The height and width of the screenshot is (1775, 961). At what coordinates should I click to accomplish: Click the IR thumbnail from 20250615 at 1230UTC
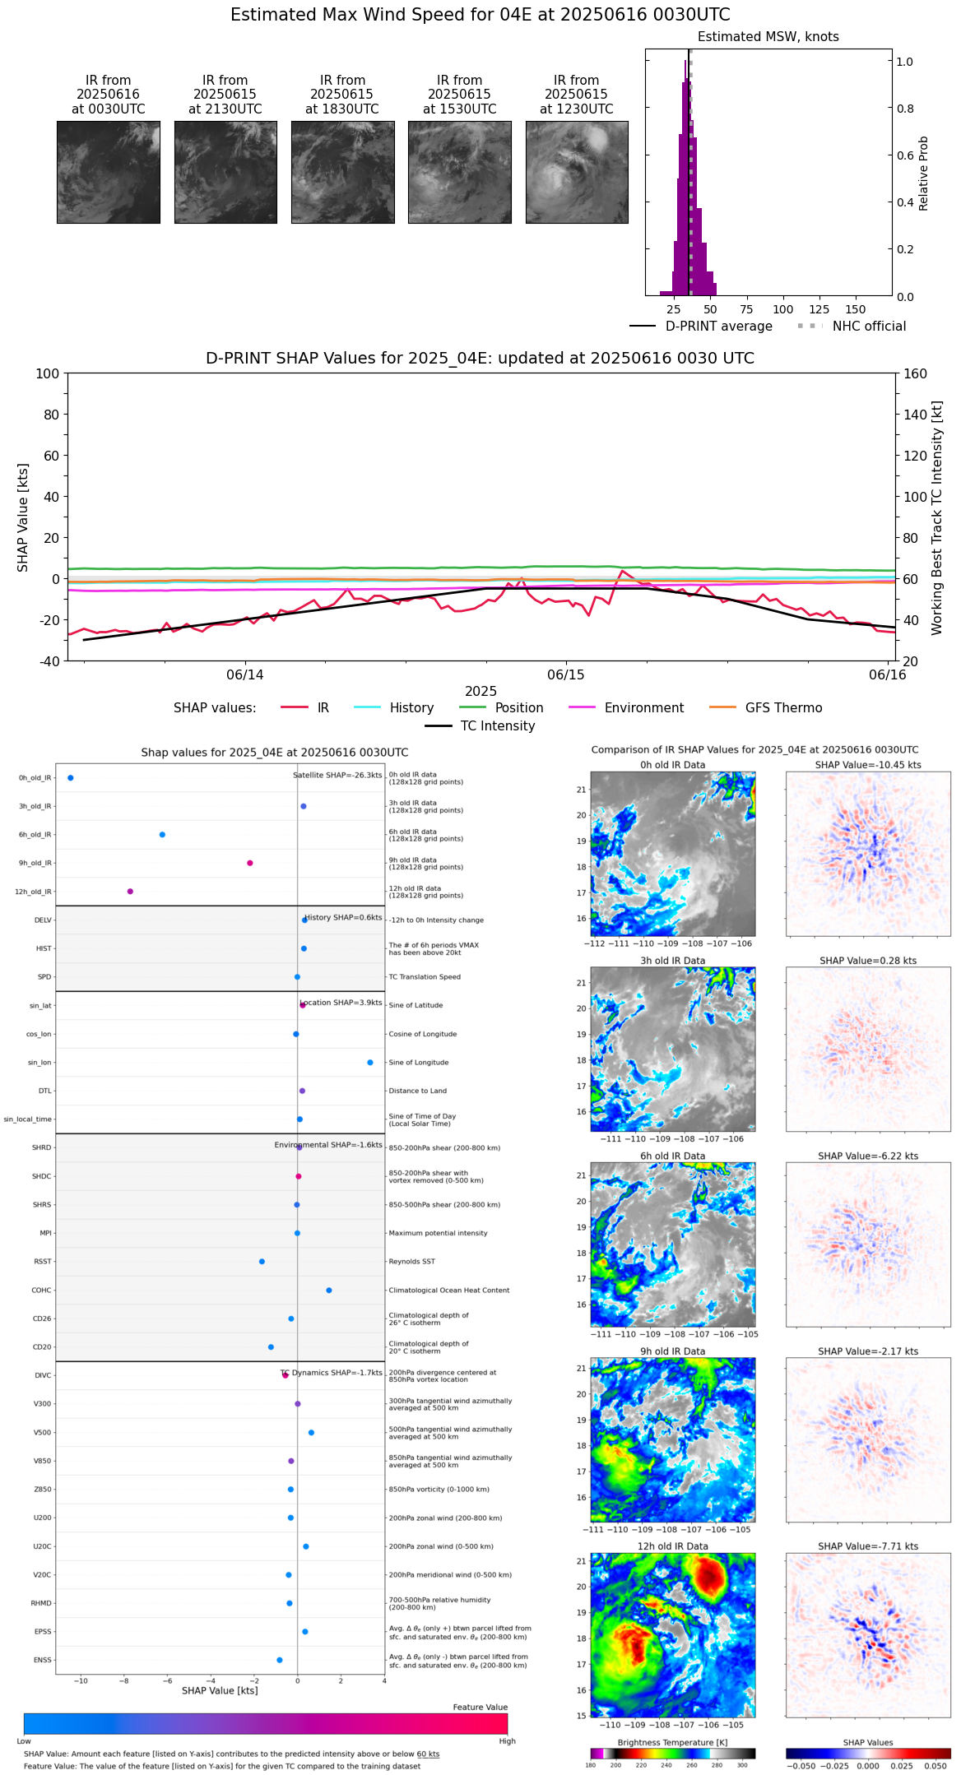click(577, 172)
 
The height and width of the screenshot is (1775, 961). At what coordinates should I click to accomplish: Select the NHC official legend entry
click(868, 327)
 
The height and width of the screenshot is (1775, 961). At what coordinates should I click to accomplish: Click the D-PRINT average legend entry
click(718, 327)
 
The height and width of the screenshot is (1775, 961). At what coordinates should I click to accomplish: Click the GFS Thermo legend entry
click(783, 708)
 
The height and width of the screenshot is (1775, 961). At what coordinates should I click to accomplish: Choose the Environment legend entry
click(643, 708)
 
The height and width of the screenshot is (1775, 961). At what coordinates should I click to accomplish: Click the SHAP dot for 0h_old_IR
click(71, 777)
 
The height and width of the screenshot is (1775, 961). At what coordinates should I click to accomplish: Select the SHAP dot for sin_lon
click(370, 1062)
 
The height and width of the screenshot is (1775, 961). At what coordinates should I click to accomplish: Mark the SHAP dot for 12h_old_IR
click(130, 891)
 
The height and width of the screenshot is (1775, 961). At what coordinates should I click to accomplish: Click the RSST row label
click(42, 1261)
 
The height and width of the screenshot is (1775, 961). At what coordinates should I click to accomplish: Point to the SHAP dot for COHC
click(329, 1290)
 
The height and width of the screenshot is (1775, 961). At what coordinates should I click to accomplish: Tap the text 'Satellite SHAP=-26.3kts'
click(337, 775)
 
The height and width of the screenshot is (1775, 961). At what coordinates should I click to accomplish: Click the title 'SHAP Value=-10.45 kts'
click(868, 765)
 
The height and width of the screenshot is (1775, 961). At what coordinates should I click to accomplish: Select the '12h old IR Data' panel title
click(672, 1546)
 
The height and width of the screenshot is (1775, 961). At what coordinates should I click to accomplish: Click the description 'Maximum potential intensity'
click(438, 1233)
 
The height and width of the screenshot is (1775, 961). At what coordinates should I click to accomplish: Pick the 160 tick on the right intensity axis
click(916, 373)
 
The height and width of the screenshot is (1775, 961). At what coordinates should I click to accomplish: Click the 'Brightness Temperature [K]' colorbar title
click(672, 1742)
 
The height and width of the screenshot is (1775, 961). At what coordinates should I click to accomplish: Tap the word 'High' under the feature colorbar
click(507, 1740)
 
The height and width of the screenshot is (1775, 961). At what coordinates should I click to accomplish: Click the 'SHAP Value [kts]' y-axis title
click(23, 517)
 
